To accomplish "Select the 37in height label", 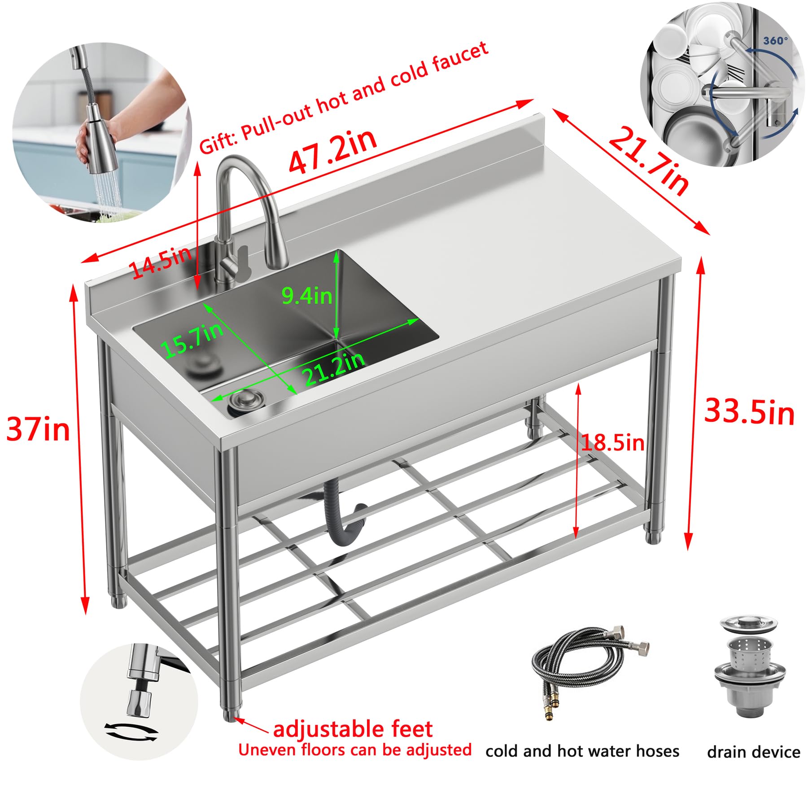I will click(38, 429).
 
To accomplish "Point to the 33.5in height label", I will click(749, 411).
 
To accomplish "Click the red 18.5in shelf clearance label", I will click(613, 443).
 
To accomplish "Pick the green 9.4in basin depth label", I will click(307, 296).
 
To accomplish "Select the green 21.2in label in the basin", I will click(333, 369).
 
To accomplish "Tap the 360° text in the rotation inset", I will click(775, 41).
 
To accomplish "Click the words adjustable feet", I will click(353, 729).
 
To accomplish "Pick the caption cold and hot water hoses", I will click(582, 751).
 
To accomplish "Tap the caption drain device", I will click(753, 752).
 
